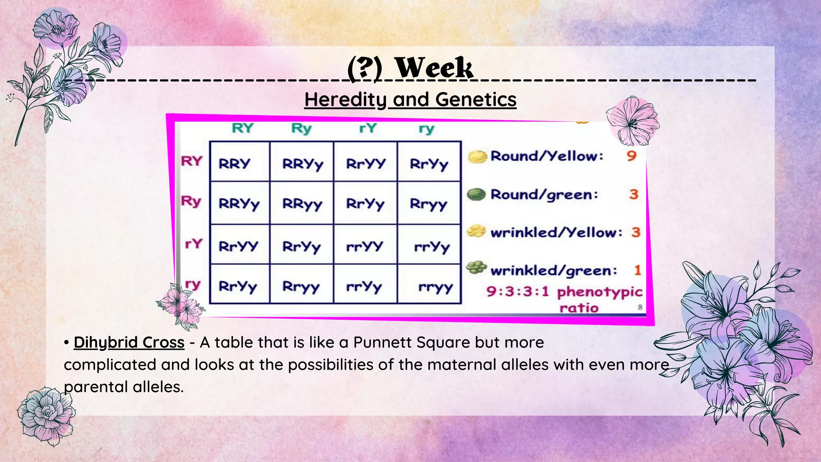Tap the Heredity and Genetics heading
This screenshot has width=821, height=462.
pyautogui.click(x=410, y=99)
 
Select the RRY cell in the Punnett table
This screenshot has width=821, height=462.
pyautogui.click(x=235, y=164)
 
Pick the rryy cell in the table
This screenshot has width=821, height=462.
pyautogui.click(x=435, y=287)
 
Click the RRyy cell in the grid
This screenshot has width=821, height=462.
pyautogui.click(x=302, y=204)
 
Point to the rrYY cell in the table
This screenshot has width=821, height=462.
pyautogui.click(x=365, y=246)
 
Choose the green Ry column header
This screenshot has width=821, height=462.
pyautogui.click(x=301, y=128)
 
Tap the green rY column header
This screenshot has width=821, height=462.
pyautogui.click(x=368, y=128)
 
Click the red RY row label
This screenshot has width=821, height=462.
pyautogui.click(x=192, y=161)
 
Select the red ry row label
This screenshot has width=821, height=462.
pyautogui.click(x=192, y=284)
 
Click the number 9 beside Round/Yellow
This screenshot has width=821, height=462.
pyautogui.click(x=631, y=156)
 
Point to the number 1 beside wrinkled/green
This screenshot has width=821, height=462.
pyautogui.click(x=637, y=270)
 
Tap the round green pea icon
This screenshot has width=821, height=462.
pyautogui.click(x=477, y=195)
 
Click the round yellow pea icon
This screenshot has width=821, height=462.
pyautogui.click(x=477, y=156)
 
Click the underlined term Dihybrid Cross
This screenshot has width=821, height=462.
pyautogui.click(x=129, y=342)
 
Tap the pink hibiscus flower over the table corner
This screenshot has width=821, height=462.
pyautogui.click(x=632, y=121)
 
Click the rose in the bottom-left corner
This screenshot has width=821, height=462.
pyautogui.click(x=46, y=415)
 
